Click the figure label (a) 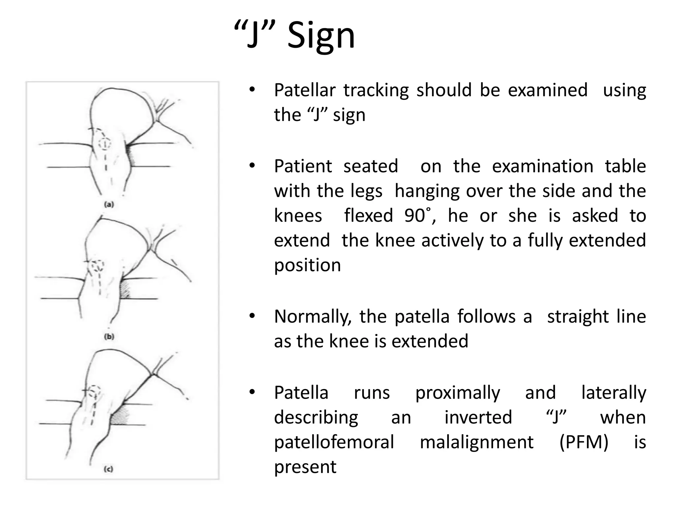109,205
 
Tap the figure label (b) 109,337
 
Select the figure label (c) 108,469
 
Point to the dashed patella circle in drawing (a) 105,143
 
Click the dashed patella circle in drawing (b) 98,266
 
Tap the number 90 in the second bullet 415,216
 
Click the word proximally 457,393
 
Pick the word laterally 613,393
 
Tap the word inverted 478,417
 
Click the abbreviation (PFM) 584,442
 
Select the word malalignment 477,442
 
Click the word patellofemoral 334,442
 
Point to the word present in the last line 305,467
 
